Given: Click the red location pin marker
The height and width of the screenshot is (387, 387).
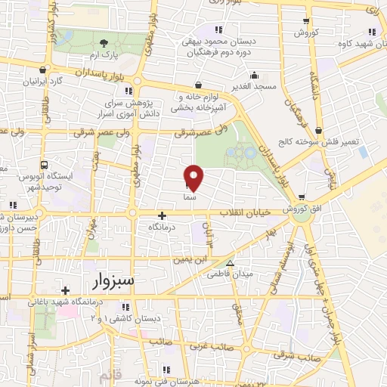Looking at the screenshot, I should [194, 176].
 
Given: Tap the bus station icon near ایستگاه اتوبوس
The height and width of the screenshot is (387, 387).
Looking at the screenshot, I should [44, 164].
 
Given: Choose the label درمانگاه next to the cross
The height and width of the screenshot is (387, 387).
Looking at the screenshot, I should [164, 227].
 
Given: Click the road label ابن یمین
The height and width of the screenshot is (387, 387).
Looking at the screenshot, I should [192, 259].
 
